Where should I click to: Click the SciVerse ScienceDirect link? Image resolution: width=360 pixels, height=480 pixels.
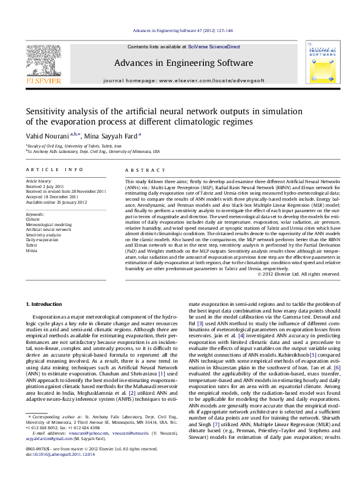(x=214, y=47)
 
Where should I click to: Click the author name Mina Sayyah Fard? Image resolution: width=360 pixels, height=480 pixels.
(x=111, y=136)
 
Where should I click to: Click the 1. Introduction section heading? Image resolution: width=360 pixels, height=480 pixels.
(x=45, y=303)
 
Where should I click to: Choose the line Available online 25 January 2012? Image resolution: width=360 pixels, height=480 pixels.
(x=56, y=202)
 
